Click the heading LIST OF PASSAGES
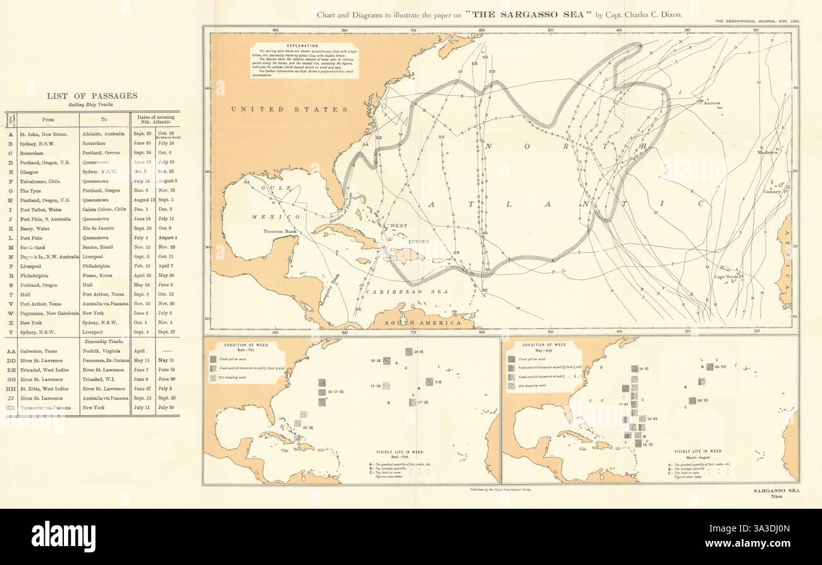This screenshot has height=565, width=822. (92, 96)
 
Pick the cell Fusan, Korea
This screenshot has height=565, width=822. (96, 276)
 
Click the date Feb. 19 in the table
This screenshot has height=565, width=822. (141, 267)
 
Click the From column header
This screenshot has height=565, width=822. (48, 119)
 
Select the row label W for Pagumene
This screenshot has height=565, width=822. (9, 313)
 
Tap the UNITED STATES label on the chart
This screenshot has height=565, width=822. (275, 109)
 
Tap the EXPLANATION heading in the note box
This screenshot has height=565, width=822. (304, 47)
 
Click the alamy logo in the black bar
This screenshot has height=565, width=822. (63, 534)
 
